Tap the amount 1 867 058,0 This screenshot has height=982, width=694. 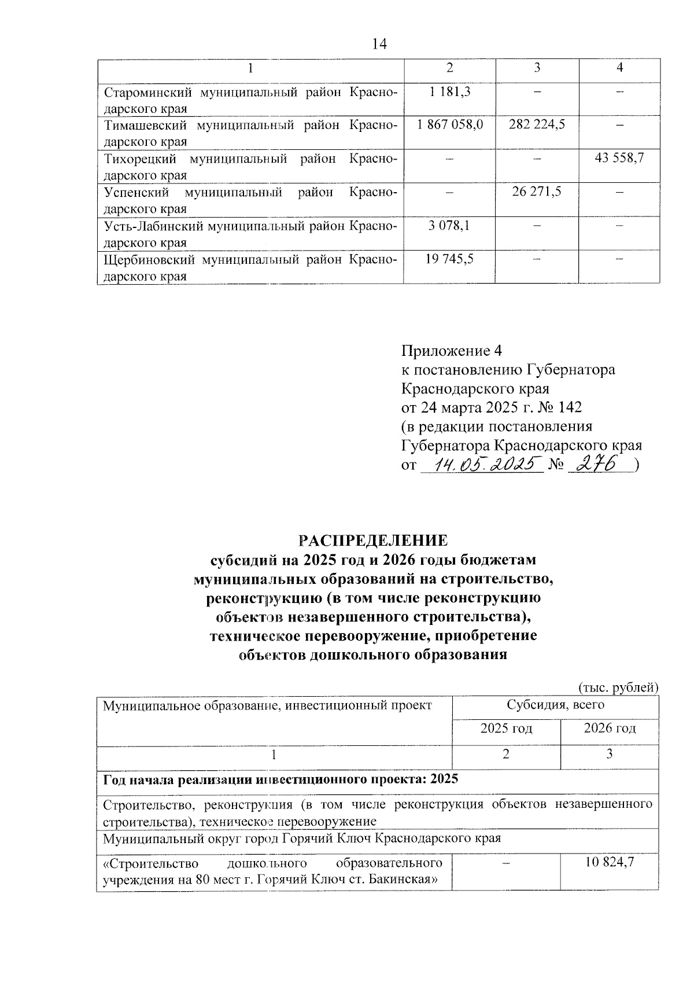point(449,124)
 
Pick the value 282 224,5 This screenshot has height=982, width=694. point(537,124)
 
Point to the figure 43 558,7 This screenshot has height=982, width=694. point(619,158)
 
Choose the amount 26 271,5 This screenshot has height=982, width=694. point(537,192)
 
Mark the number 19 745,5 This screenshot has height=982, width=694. point(449,259)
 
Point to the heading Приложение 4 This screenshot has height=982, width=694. point(452,351)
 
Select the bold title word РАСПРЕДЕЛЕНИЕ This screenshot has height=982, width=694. point(373,540)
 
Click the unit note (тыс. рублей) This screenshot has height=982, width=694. point(618,687)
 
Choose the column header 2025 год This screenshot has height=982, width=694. point(506,728)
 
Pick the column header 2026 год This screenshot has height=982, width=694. point(610,728)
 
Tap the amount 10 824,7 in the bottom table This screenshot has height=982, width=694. point(610,862)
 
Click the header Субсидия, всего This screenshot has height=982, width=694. point(555,705)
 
